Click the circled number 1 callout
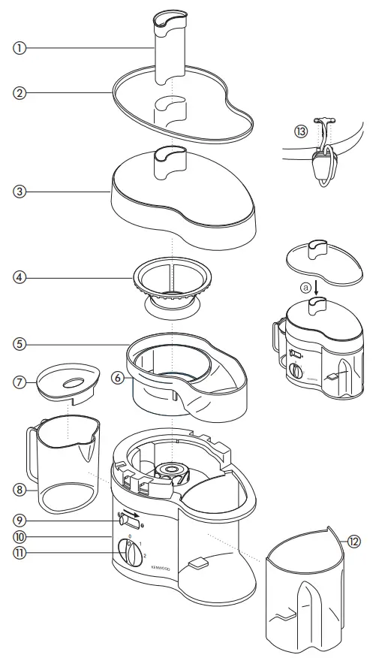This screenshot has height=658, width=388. [20, 47]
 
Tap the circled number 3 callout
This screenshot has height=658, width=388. [20, 192]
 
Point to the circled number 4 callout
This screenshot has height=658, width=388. [20, 277]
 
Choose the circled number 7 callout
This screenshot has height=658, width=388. [20, 382]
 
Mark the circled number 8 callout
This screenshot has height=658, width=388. [20, 488]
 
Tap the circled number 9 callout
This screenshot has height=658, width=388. [20, 520]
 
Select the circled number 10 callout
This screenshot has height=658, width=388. [20, 537]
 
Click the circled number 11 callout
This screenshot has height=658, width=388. [20, 555]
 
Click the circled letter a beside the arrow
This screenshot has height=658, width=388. [305, 287]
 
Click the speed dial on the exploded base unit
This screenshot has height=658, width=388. [132, 555]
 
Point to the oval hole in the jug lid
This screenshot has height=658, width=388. [73, 382]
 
